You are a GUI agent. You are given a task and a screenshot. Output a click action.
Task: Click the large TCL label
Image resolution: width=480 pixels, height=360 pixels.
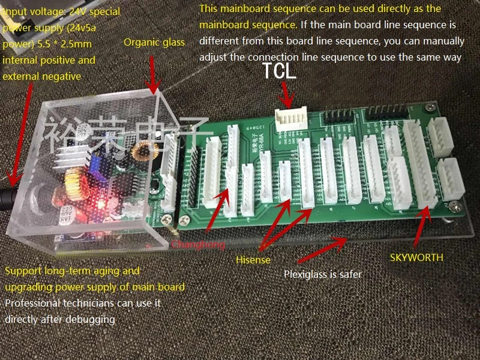coord(279,73)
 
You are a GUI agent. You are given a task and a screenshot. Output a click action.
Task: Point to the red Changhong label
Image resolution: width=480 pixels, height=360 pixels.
coord(198,245)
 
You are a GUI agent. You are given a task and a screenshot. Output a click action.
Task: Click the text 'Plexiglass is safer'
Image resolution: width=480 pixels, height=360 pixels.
coord(322,275)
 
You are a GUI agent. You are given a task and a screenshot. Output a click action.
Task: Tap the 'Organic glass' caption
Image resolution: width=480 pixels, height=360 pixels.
coord(154,42)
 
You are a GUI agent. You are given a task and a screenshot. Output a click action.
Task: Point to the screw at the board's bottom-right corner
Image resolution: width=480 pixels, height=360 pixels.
coord(454,207)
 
